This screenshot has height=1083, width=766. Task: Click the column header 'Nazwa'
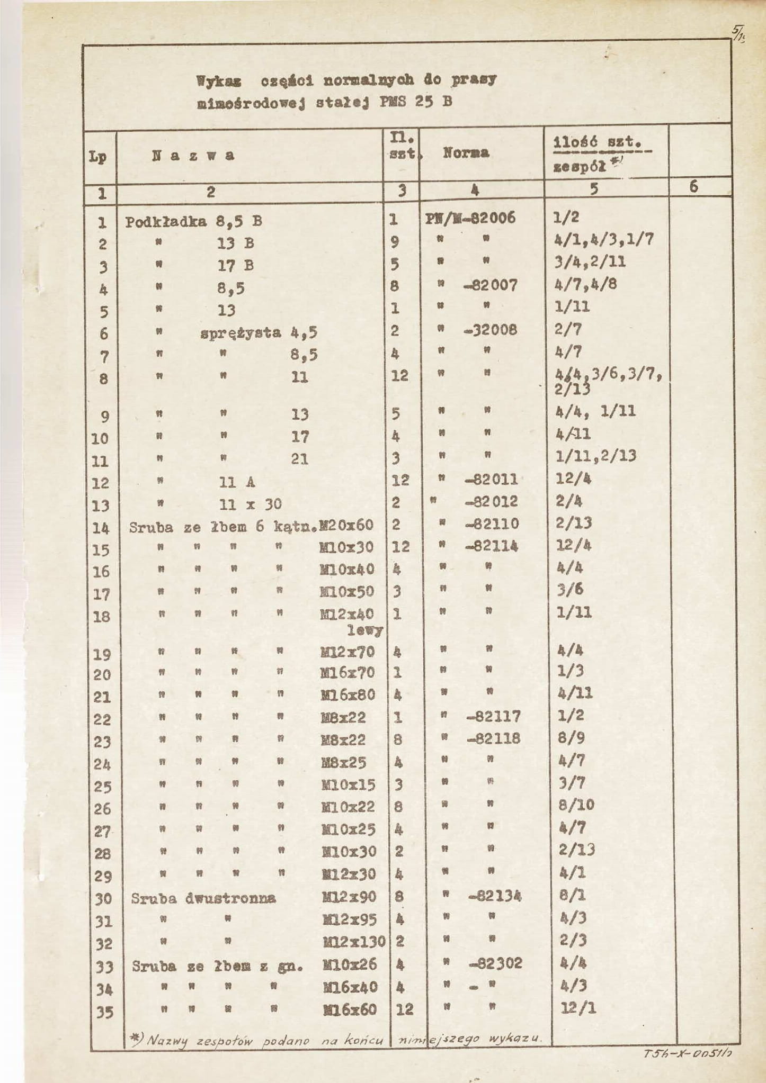coord(193,156)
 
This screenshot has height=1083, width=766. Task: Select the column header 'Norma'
coord(466,154)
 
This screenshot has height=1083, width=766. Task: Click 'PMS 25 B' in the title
coord(416,102)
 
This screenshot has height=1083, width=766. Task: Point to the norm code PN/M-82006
coord(470,218)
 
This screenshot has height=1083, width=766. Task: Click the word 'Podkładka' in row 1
coord(166,222)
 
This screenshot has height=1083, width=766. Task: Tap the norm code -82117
coord(494,717)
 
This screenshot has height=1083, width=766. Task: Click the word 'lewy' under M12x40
coord(365,630)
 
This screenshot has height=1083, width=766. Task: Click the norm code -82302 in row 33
coord(496,963)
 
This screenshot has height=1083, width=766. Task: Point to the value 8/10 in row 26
coord(576,805)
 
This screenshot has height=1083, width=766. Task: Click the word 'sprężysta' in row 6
coord(241,333)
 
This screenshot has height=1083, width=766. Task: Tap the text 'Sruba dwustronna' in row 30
coord(203,898)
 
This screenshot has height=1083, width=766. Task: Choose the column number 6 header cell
coord(693,187)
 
